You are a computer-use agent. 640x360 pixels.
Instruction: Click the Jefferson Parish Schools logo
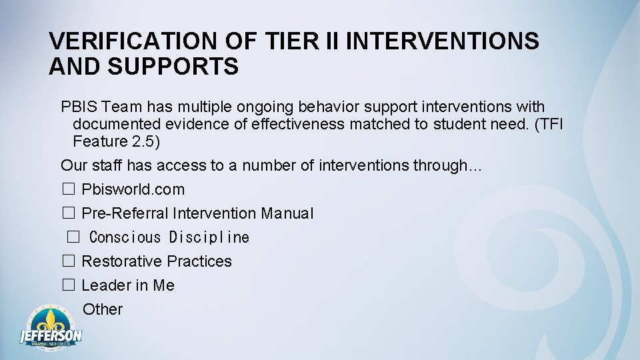pos(51,327)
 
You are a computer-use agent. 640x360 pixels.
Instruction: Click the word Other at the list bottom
pos(103,309)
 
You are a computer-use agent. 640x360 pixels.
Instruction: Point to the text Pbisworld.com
pos(133,190)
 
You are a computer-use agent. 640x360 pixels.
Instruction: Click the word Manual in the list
pos(287,214)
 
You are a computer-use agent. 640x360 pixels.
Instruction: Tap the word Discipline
pos(209,238)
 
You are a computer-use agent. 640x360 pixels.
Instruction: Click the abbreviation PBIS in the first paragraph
pos(79,107)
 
